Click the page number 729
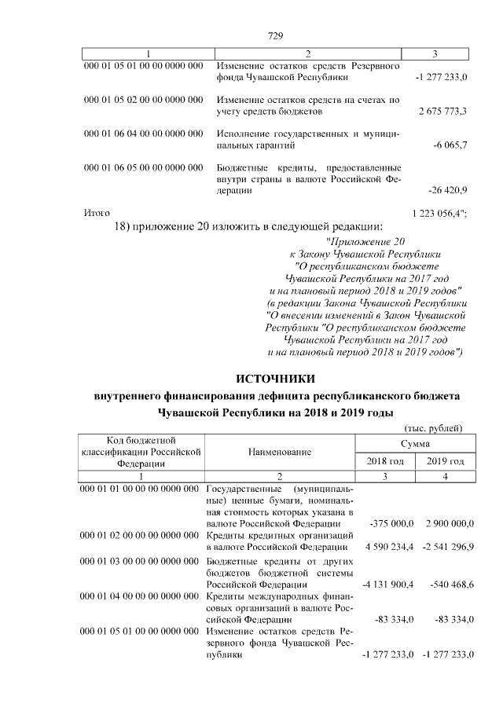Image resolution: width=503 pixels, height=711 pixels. [x=275, y=35]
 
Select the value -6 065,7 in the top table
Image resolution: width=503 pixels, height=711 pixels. [x=450, y=145]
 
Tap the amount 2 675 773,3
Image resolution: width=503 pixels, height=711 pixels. [x=443, y=111]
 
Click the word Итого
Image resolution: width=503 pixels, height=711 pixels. [x=97, y=213]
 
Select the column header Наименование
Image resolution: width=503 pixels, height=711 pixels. [x=280, y=452]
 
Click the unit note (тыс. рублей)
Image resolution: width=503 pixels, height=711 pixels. [x=434, y=427]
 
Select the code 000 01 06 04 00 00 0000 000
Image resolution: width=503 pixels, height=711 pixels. [x=140, y=134]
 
